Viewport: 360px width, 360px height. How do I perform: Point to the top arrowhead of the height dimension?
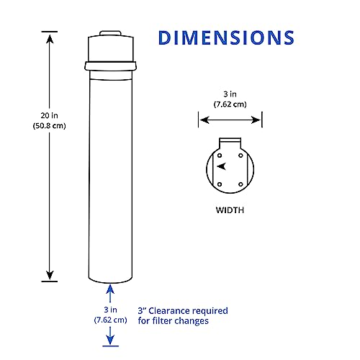[49, 36]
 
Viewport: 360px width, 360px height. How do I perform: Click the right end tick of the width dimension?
[262, 120]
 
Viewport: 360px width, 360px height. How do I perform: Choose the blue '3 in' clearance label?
[110, 307]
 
